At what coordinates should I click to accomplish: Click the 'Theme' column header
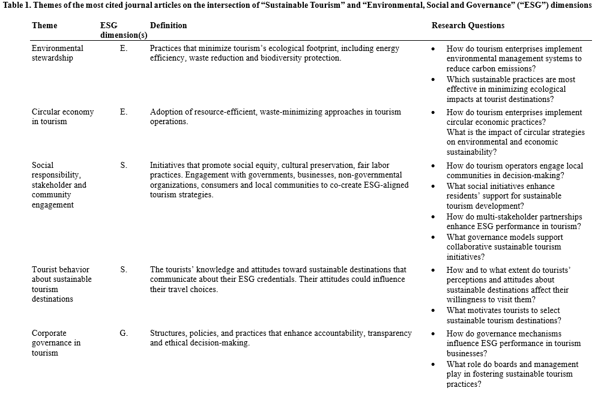tap(44, 26)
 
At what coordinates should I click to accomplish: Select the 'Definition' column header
tap(168, 26)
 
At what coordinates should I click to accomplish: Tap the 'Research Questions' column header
tap(468, 26)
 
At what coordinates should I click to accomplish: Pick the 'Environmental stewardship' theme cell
tap(58, 53)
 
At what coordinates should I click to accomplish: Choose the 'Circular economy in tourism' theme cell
tap(62, 117)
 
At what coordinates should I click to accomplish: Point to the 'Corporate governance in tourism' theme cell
tap(56, 343)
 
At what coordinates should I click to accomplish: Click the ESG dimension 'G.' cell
tap(124, 333)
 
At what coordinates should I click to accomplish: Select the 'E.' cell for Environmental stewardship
tap(124, 49)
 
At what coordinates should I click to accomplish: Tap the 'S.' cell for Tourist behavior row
tap(124, 270)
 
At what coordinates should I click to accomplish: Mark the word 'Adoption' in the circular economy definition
tap(166, 112)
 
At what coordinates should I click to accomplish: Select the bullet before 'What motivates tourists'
tap(433, 311)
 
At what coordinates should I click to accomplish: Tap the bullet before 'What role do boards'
tap(433, 365)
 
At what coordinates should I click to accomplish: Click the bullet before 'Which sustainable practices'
tap(433, 80)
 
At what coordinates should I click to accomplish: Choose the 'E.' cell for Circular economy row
tap(124, 112)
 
